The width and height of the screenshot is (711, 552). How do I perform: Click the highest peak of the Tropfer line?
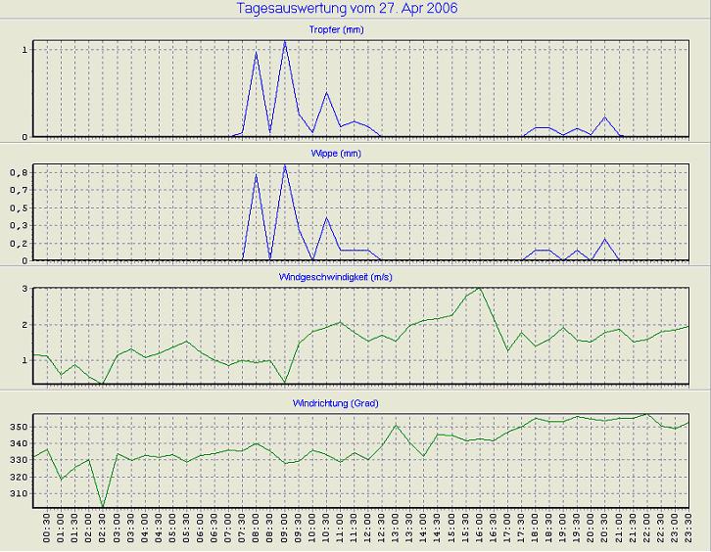click(x=284, y=41)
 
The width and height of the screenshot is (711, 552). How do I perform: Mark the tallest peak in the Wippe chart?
click(x=284, y=165)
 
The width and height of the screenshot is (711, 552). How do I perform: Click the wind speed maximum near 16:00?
click(x=480, y=288)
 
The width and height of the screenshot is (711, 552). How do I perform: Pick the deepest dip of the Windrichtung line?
click(x=103, y=508)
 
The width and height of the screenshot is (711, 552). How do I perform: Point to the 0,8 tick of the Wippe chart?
click(x=21, y=172)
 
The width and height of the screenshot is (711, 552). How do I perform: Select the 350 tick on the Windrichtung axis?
click(x=19, y=428)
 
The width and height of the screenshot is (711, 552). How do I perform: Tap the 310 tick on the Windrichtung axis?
click(x=19, y=493)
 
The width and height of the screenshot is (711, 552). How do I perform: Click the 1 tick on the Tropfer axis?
click(x=25, y=49)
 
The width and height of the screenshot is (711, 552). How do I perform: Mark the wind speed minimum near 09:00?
click(x=284, y=383)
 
